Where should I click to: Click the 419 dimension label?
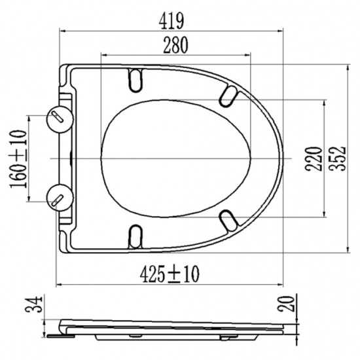pos(171,21)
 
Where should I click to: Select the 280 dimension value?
pos(175,45)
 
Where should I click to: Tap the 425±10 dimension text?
pos(170,274)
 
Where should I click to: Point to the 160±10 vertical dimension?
pos(18,159)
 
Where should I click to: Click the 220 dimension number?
pos(313,159)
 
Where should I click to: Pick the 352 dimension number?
pos(337,158)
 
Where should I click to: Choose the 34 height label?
pos(34,304)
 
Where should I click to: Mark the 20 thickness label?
pos(286,304)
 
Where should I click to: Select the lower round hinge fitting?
pos(60,198)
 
